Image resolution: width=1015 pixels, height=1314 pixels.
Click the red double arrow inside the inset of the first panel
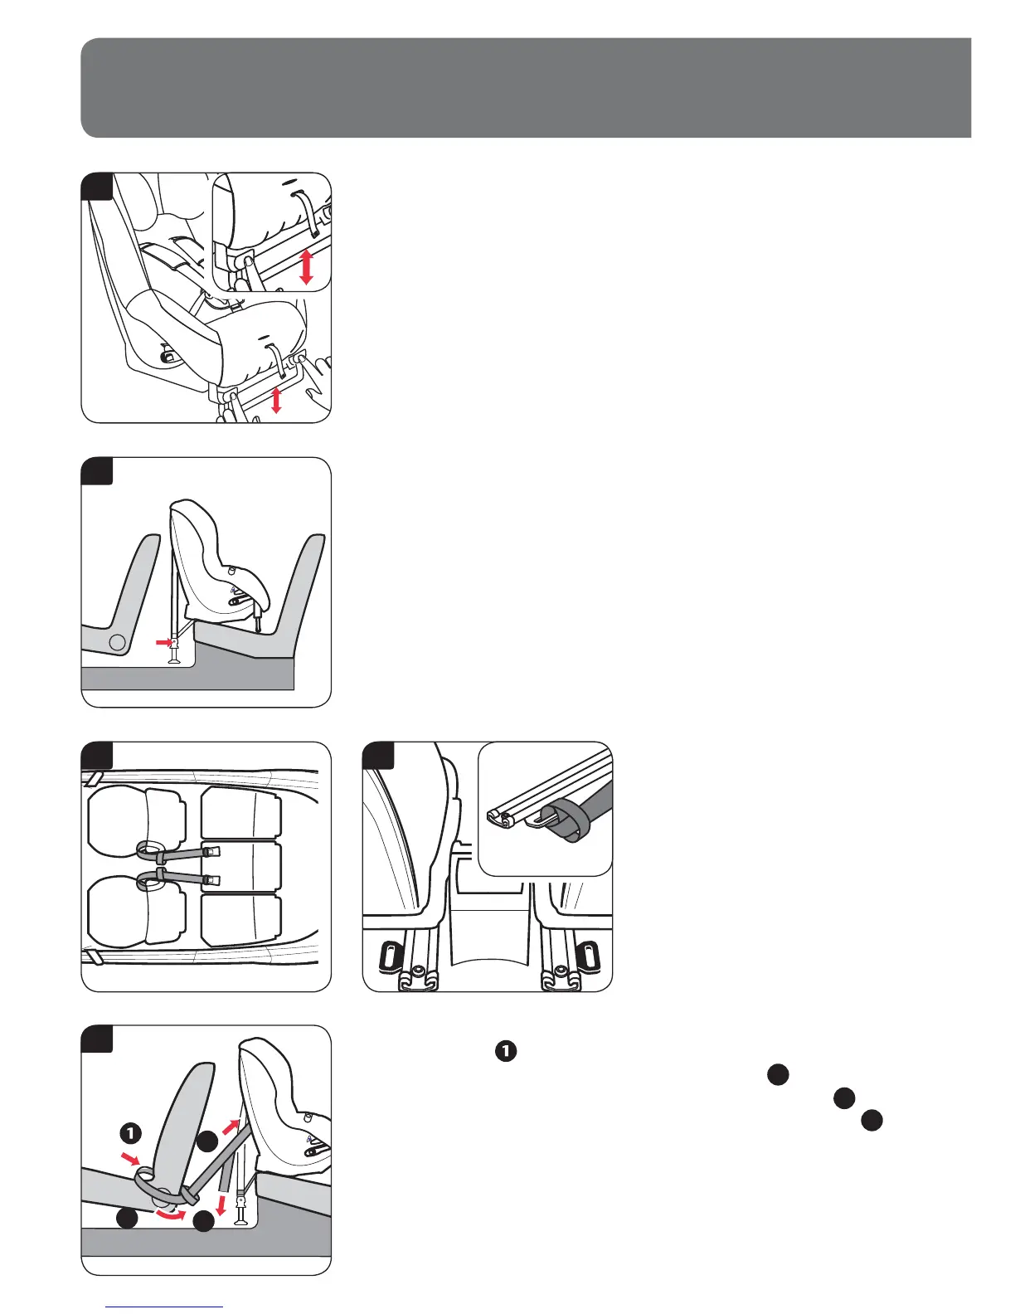(306, 267)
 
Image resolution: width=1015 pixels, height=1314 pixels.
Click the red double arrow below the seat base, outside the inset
(277, 399)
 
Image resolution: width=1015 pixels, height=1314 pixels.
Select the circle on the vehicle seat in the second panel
(119, 641)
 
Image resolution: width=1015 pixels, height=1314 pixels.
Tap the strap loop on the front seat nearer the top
(149, 849)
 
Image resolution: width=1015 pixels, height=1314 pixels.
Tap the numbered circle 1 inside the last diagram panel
(131, 1132)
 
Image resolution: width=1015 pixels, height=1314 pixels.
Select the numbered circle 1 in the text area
(506, 1051)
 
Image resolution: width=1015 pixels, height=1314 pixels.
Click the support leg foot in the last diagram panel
(241, 1219)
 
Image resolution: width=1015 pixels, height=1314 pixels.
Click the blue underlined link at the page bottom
(165, 1307)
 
